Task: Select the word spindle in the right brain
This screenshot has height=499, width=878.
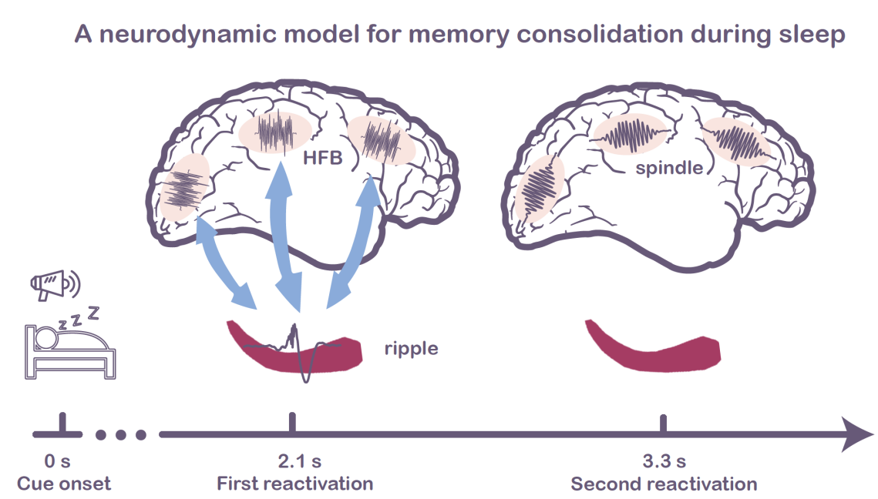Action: coord(670,167)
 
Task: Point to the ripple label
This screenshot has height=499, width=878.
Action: coord(411,348)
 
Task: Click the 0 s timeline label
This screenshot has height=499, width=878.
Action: coord(58,461)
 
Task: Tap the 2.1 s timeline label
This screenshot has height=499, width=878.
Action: coord(300,461)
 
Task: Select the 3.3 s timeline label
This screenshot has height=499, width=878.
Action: coord(664,461)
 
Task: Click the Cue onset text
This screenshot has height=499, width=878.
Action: coord(64,484)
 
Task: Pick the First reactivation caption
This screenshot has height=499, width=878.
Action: coord(295,484)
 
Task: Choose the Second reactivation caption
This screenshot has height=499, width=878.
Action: coord(664,484)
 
